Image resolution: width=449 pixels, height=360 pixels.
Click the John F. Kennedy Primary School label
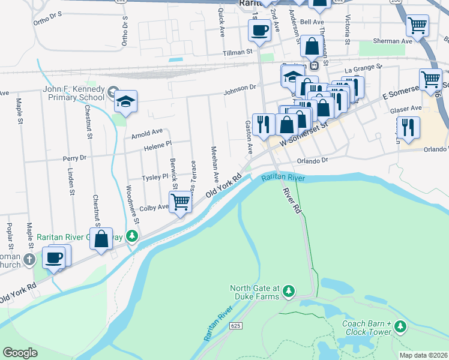(x=74, y=95)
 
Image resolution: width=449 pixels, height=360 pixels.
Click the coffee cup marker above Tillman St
(x=260, y=30)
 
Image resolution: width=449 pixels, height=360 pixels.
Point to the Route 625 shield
(x=235, y=325)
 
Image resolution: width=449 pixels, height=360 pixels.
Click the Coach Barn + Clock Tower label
(x=366, y=328)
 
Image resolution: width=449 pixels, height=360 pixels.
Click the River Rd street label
(x=291, y=200)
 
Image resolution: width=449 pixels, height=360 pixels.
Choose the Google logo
(x=20, y=353)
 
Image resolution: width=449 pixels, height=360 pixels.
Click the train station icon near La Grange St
(x=313, y=65)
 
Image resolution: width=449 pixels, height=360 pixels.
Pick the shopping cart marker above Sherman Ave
(x=417, y=26)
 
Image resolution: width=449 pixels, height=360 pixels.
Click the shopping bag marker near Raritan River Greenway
(x=101, y=238)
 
